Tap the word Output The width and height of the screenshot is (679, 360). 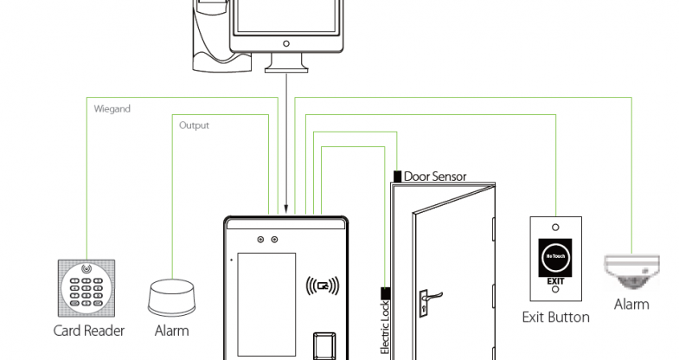coord(194,125)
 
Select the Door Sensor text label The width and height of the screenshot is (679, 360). coord(435,177)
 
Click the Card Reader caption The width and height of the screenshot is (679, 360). coord(89,331)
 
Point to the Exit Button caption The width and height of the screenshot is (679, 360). coord(556,318)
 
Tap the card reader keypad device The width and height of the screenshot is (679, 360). coord(86,287)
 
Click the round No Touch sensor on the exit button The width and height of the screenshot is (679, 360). coord(555,256)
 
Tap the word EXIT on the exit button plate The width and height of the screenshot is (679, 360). coord(555,282)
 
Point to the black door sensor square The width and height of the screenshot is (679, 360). coord(397,177)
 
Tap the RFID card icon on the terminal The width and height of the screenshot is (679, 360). coord(323,286)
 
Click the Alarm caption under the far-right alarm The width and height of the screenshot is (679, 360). coord(631,305)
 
